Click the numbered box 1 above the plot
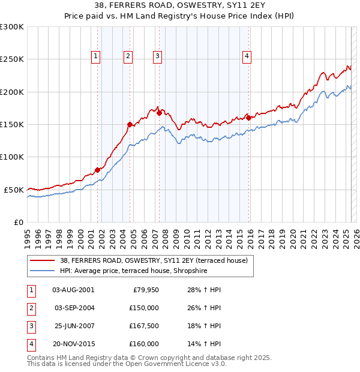coord(96,56)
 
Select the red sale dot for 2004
coord(130,124)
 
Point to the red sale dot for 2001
coord(97,170)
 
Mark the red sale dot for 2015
coord(249,118)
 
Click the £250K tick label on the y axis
coord(12,59)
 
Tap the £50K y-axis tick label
coord(14,190)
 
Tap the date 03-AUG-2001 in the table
coord(73,290)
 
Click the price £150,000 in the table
coord(144,307)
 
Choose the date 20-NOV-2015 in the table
coord(73,344)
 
